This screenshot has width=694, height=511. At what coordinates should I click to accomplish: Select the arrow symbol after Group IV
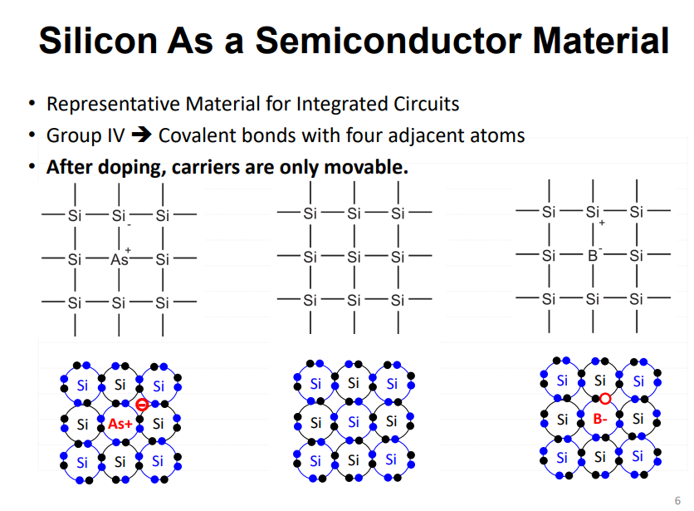click(143, 135)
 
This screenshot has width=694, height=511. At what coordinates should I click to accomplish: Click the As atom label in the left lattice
click(120, 258)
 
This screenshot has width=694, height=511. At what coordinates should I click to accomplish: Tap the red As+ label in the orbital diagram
click(120, 424)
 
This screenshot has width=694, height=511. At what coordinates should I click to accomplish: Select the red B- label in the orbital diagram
click(600, 419)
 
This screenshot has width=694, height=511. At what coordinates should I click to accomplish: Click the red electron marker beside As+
click(142, 405)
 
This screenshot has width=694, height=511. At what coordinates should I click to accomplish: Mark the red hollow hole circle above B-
click(606, 399)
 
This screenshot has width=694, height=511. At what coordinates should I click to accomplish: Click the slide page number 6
click(677, 499)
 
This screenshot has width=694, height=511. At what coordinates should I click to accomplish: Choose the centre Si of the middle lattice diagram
click(354, 257)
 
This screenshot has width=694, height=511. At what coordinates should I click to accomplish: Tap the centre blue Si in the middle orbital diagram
click(354, 422)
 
